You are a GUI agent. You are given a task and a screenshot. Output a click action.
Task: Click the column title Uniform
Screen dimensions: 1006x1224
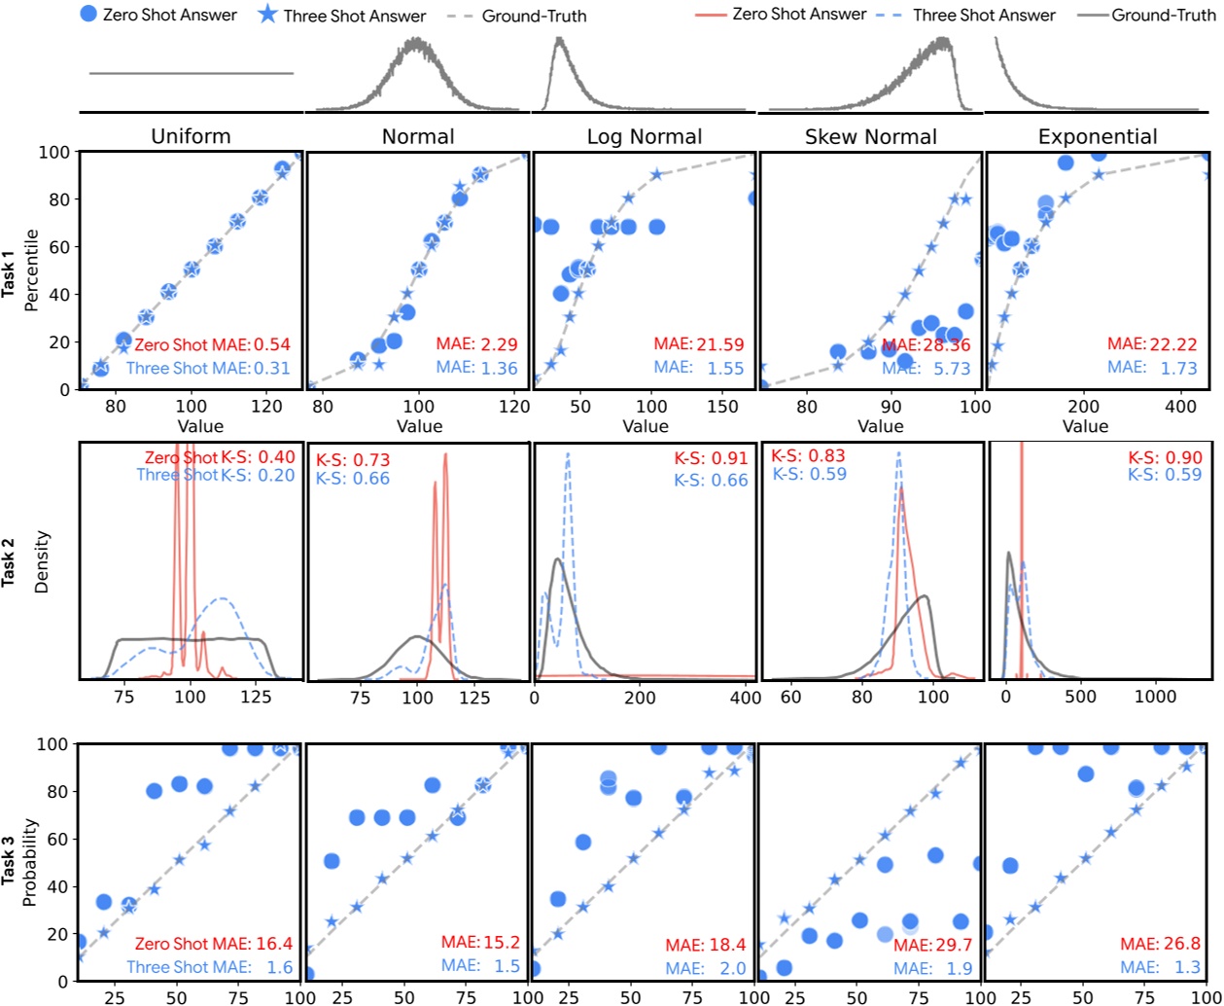(191, 136)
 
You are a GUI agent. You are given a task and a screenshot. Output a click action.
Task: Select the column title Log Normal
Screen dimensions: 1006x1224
(645, 136)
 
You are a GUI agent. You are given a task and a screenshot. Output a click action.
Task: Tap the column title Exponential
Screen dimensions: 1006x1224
(1098, 136)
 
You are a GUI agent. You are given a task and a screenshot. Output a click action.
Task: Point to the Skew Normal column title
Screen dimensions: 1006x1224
(871, 136)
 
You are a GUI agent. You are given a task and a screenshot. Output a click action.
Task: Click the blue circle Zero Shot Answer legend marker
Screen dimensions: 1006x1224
(87, 15)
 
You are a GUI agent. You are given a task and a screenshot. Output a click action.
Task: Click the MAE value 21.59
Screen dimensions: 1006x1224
(718, 344)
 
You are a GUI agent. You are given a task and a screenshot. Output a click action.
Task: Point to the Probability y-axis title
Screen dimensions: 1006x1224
(30, 862)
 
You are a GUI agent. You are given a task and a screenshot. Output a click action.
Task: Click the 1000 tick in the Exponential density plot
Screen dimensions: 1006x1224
(1156, 697)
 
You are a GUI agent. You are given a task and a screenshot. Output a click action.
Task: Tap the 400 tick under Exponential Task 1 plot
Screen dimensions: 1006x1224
(1180, 407)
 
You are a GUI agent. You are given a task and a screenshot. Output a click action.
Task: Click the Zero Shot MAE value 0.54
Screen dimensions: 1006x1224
(272, 344)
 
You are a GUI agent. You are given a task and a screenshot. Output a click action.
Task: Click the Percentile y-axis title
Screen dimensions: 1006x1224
(31, 270)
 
